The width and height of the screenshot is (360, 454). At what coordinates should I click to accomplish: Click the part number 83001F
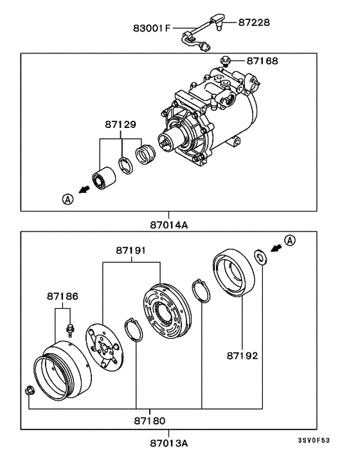pyautogui.click(x=151, y=28)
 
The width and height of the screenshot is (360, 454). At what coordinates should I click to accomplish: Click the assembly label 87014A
pyautogui.click(x=170, y=225)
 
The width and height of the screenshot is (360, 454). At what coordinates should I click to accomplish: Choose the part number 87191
pyautogui.click(x=132, y=249)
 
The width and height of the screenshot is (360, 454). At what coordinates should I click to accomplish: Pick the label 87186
pyautogui.click(x=63, y=296)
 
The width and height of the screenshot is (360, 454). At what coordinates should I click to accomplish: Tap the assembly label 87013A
pyautogui.click(x=170, y=443)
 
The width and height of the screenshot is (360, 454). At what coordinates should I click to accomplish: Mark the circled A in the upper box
pyautogui.click(x=68, y=199)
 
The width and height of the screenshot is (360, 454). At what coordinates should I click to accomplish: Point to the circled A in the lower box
pyautogui.click(x=290, y=241)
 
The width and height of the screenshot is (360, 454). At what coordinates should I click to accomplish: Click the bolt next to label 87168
pyautogui.click(x=225, y=62)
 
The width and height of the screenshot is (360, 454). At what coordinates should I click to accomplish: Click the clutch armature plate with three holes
pyautogui.click(x=103, y=350)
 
